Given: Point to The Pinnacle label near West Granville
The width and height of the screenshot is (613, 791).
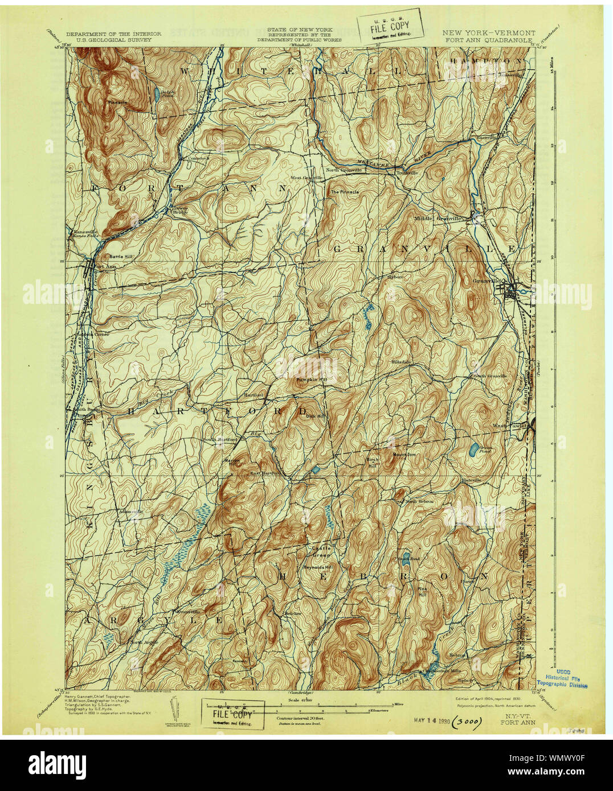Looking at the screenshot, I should click(345, 192).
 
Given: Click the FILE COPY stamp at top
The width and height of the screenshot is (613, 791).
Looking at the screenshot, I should click(391, 26).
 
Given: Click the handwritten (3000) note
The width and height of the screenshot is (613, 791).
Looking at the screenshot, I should click(468, 722).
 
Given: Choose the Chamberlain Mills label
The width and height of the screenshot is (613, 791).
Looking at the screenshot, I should click(443, 671).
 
